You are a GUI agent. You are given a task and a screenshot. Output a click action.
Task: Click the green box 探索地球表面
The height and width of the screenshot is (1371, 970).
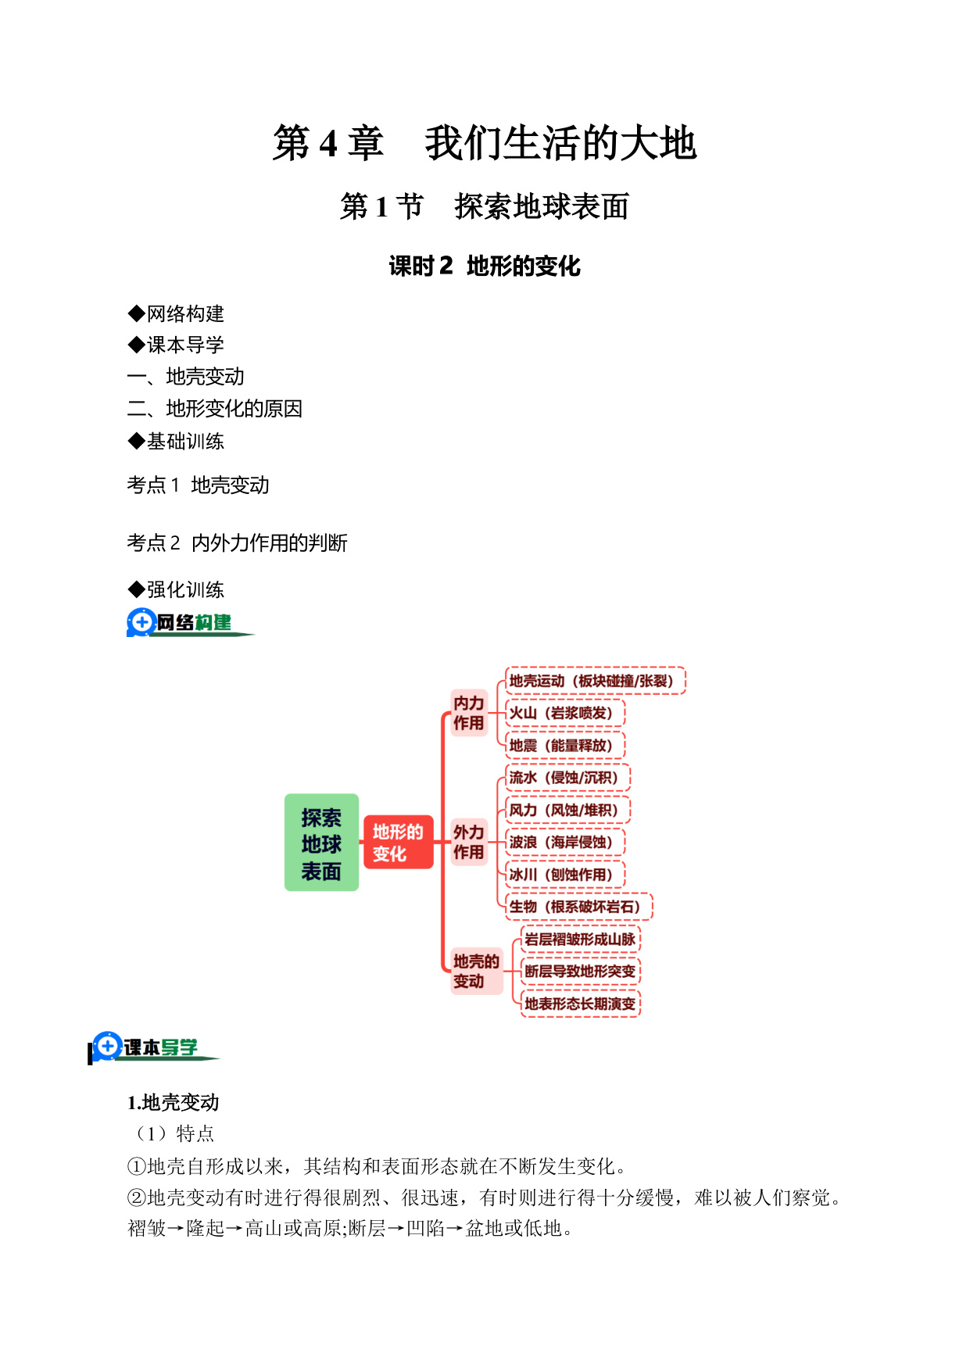321,843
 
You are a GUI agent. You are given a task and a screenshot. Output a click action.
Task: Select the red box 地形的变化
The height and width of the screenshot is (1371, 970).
398,842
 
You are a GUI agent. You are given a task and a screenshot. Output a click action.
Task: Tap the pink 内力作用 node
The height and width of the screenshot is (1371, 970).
469,713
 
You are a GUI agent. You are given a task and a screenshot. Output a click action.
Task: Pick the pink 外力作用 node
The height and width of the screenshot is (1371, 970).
469,842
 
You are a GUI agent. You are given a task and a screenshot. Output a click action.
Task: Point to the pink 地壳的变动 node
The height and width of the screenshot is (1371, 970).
476,971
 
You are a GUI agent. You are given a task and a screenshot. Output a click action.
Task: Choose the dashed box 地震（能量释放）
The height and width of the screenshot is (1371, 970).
565,746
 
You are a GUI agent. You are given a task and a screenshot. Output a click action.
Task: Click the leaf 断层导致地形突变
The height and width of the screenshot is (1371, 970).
580,972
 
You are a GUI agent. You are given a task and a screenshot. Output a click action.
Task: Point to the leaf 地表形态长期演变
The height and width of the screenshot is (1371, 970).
580,1004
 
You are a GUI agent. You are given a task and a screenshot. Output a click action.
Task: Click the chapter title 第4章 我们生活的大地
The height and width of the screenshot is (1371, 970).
485,143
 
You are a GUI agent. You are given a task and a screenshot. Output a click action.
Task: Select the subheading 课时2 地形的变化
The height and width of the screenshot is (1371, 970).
485,267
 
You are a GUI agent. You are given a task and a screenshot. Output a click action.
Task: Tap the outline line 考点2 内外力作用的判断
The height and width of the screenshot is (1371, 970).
237,542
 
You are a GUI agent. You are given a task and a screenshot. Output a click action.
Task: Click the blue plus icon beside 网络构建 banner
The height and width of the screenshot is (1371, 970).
141,622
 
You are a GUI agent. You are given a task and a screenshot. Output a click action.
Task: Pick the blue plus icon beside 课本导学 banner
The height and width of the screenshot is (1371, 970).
107,1046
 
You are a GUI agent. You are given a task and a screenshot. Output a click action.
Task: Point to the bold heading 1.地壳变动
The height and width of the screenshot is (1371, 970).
174,1103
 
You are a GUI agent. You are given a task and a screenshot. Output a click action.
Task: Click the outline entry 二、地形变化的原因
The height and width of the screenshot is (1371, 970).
215,409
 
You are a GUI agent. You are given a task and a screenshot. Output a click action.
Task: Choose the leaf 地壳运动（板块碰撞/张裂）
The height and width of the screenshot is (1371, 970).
595,681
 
